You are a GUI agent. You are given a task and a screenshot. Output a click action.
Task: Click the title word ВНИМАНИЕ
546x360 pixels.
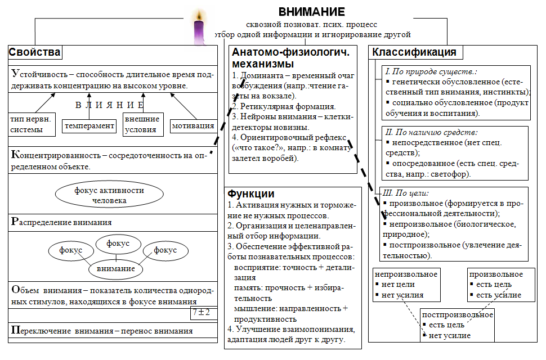pyautogui.click(x=312, y=12)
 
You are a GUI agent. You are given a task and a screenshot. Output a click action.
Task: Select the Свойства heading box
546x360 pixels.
pyautogui.click(x=34, y=53)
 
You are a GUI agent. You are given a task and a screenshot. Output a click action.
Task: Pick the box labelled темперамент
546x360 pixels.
pyautogui.click(x=89, y=126)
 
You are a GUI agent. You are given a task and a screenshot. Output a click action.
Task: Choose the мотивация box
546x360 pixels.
pyautogui.click(x=193, y=125)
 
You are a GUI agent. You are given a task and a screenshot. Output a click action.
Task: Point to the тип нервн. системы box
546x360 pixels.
pyautogui.click(x=31, y=125)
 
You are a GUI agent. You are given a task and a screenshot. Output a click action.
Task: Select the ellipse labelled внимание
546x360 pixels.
pyautogui.click(x=117, y=268)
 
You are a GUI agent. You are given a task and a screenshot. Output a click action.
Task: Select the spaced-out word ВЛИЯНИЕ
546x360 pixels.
pyautogui.click(x=110, y=105)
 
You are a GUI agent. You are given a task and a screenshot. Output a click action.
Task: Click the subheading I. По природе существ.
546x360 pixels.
pyautogui.click(x=431, y=71)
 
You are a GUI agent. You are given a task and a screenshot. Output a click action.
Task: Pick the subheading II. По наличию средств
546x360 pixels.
pyautogui.click(x=431, y=133)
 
